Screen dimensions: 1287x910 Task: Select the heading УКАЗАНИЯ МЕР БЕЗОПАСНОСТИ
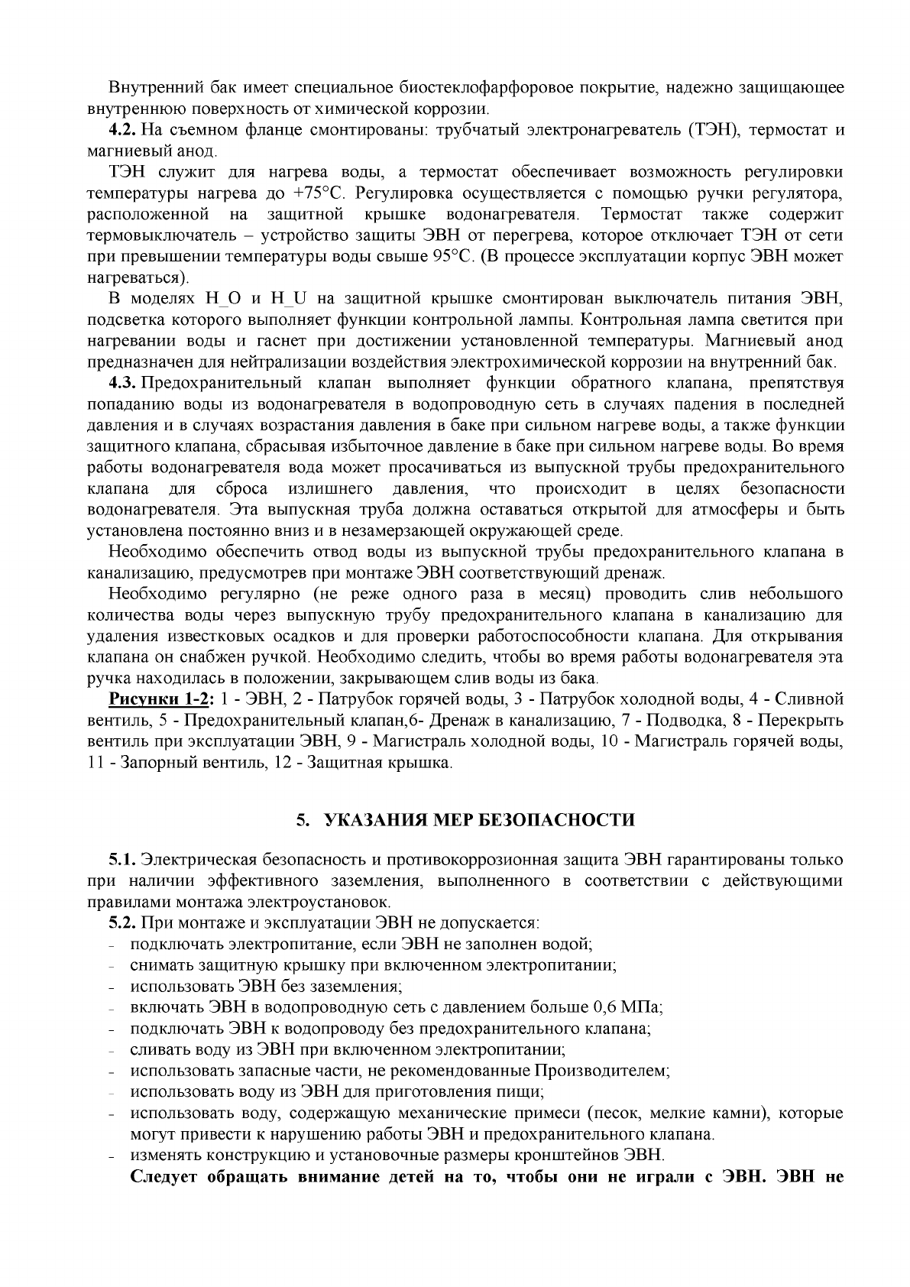coord(479,821)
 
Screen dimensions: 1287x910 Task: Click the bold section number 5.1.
coord(123,859)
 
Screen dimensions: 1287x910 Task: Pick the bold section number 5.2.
coord(123,922)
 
